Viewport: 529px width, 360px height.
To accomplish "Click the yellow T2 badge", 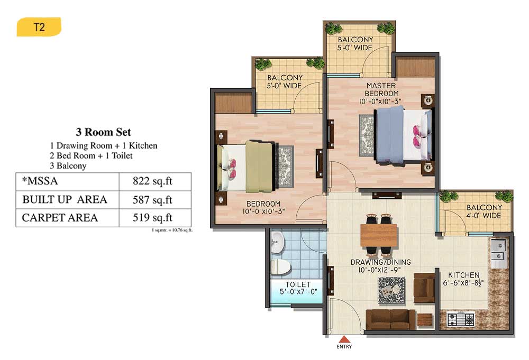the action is click(x=39, y=26).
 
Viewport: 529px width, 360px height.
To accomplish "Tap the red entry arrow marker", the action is click(x=344, y=339).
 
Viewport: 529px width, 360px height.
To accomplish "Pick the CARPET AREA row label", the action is click(x=60, y=218).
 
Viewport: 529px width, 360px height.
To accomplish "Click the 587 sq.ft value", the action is click(x=152, y=200).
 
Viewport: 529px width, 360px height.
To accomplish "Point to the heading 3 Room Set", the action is click(x=103, y=132).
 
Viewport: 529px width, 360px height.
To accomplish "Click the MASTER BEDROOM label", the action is click(x=381, y=90).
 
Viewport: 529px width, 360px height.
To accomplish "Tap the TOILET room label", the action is click(x=298, y=284).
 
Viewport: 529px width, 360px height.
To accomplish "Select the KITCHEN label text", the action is click(x=463, y=275).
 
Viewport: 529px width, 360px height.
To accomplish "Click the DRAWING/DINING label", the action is click(x=380, y=262).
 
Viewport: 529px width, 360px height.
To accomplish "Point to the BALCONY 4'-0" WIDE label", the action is click(x=484, y=211).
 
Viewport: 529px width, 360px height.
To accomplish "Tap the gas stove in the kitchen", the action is click(x=461, y=319).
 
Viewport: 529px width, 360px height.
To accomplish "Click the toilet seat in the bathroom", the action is click(x=280, y=266).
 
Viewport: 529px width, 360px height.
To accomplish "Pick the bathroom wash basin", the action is click(x=277, y=242).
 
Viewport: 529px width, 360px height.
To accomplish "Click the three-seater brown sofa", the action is click(x=391, y=319).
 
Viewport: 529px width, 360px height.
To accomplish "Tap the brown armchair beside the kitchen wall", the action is click(x=424, y=288).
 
